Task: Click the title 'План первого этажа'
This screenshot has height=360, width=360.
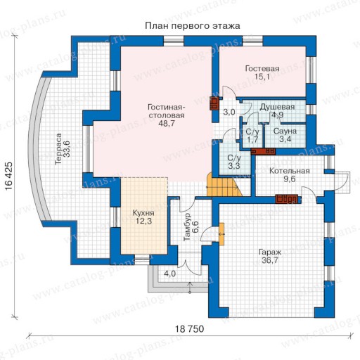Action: point(193,26)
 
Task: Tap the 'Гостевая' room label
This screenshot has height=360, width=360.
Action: point(262,68)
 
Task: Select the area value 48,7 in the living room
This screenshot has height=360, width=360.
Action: point(167,123)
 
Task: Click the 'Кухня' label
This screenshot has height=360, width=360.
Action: point(143,213)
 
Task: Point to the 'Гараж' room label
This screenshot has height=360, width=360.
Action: point(270,252)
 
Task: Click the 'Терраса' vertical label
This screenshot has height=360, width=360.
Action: point(58,149)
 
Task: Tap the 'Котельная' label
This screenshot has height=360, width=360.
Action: point(290,171)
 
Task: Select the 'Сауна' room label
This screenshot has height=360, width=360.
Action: point(285,131)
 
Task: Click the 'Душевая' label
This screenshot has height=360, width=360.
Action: point(277,107)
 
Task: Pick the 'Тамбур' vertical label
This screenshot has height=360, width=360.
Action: point(187,227)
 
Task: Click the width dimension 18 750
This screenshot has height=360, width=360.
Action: point(190,329)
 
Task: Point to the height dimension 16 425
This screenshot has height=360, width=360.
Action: point(8,176)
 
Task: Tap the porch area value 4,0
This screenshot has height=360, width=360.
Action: point(169,274)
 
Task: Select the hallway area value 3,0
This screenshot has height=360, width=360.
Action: point(229,112)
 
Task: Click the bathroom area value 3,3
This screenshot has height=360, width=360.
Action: point(233,166)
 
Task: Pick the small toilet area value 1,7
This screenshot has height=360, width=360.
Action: point(252,139)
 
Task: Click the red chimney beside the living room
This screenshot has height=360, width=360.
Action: point(214,103)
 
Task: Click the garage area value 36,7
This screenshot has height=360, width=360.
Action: point(270,260)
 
